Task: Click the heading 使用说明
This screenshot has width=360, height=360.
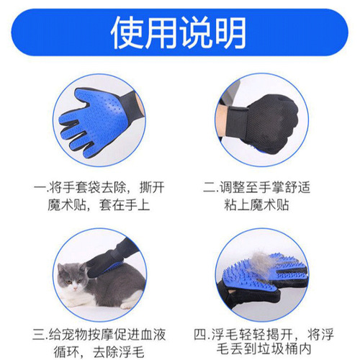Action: pyautogui.click(x=180, y=32)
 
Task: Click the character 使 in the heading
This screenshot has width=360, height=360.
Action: pyautogui.click(x=129, y=32)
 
